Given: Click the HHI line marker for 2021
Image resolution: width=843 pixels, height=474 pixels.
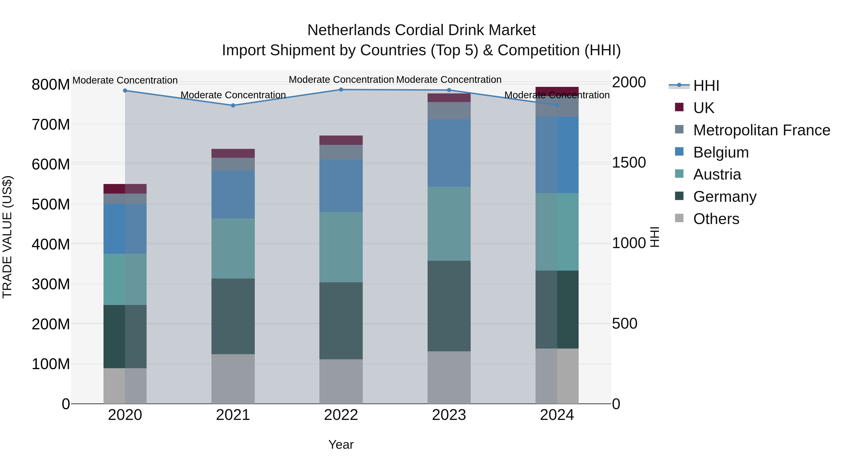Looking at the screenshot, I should [233, 105].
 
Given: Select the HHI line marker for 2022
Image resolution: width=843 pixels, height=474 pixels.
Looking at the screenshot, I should [341, 90].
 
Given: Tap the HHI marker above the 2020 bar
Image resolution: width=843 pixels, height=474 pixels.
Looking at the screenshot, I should [125, 91].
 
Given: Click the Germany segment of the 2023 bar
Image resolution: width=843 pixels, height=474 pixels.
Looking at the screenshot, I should [449, 306].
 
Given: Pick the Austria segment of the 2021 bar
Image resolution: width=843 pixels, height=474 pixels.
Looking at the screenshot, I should [233, 248].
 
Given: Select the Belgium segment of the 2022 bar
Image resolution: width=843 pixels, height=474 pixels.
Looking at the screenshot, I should [341, 186].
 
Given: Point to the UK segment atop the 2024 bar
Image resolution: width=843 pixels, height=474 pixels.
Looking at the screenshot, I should [557, 91].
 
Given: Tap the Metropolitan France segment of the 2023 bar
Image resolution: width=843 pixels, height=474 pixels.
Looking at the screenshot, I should [449, 110].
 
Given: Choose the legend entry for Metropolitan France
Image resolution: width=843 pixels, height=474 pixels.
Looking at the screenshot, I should [762, 130].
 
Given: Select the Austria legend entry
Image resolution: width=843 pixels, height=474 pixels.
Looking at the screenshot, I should [717, 174].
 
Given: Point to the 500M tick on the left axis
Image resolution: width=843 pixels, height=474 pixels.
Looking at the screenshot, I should [51, 204].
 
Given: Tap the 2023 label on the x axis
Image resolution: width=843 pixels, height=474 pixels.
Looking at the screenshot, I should [449, 415].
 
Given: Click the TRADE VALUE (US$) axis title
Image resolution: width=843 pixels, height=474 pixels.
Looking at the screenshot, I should [7, 237].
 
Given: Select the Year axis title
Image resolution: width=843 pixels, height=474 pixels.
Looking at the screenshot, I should [341, 445].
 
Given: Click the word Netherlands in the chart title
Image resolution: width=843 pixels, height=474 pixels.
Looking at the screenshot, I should [348, 30].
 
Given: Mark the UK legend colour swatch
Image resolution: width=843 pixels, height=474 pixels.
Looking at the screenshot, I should [679, 107].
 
